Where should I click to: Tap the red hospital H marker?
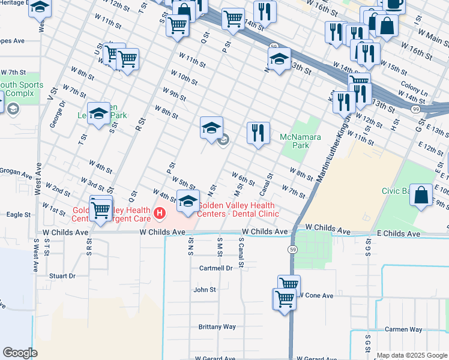pyautogui.click(x=160, y=212)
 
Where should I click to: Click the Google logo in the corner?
pyautogui.click(x=19, y=353)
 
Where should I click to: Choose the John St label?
pyautogui.click(x=204, y=289)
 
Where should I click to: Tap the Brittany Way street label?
pyautogui.click(x=217, y=327)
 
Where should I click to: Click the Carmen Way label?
pyautogui.click(x=403, y=329)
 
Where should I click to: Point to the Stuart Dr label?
pyautogui.click(x=62, y=276)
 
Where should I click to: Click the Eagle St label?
pyautogui.click(x=18, y=214)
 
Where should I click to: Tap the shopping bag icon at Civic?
pyautogui.click(x=421, y=195)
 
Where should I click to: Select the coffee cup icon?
pyautogui.click(x=394, y=4)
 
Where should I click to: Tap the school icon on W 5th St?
pyautogui.click(x=188, y=202)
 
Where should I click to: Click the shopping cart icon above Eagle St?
pyautogui.click(x=101, y=209)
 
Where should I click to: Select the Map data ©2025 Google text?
pyautogui.click(x=411, y=355)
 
